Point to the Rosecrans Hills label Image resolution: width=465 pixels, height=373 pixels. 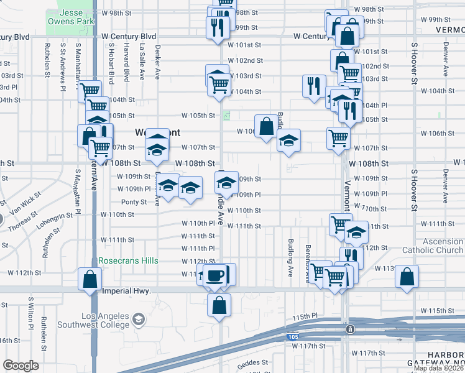(x=128, y=260)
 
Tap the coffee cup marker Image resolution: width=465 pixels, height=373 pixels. (x=216, y=275)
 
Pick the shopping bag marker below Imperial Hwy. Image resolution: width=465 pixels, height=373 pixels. (x=219, y=305)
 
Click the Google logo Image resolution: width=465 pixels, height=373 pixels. (x=21, y=365)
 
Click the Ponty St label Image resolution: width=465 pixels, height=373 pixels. (x=134, y=202)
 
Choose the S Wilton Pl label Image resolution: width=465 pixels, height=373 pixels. (x=30, y=313)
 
